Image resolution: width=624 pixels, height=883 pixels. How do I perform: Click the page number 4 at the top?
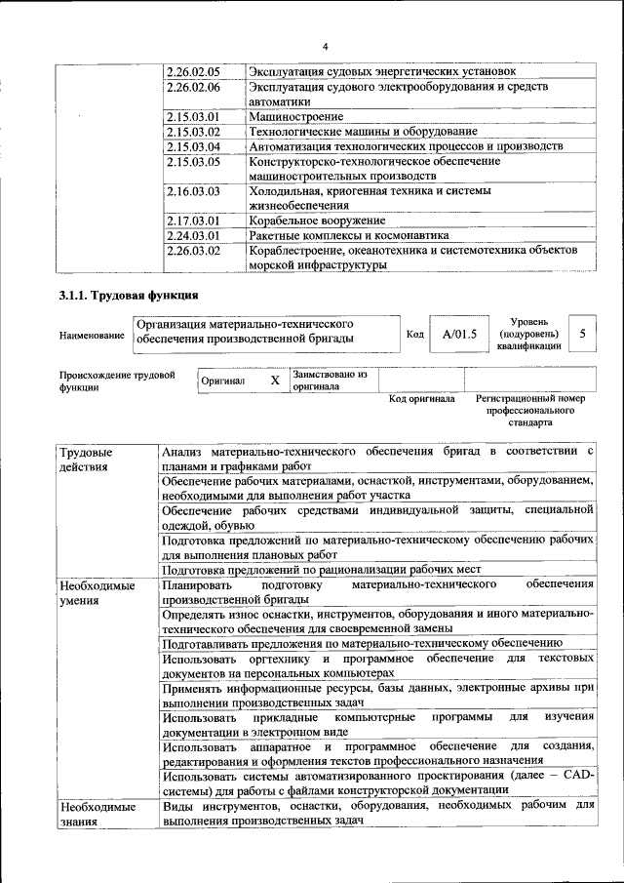tap(327, 45)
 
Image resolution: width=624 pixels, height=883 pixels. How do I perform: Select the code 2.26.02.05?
tap(194, 72)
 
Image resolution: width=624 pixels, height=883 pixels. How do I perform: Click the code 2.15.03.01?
tap(194, 116)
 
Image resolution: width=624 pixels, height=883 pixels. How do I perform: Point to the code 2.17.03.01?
tap(194, 221)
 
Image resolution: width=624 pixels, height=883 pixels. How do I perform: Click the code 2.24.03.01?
tap(194, 235)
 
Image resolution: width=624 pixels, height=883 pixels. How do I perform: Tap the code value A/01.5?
tap(459, 335)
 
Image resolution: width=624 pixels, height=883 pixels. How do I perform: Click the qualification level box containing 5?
tap(582, 334)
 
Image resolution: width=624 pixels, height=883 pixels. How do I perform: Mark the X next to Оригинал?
tap(275, 380)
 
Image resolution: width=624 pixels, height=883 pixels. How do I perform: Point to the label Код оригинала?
tap(421, 399)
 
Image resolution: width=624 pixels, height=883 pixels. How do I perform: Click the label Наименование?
tap(92, 336)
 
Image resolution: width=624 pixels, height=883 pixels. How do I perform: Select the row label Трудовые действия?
tap(86, 460)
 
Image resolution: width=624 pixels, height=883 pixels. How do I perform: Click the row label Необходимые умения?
tap(97, 592)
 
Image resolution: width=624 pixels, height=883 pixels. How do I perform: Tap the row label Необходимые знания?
tap(97, 815)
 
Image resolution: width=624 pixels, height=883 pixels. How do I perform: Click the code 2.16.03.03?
tap(194, 191)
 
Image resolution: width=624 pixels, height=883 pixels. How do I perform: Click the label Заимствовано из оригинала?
tap(329, 380)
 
